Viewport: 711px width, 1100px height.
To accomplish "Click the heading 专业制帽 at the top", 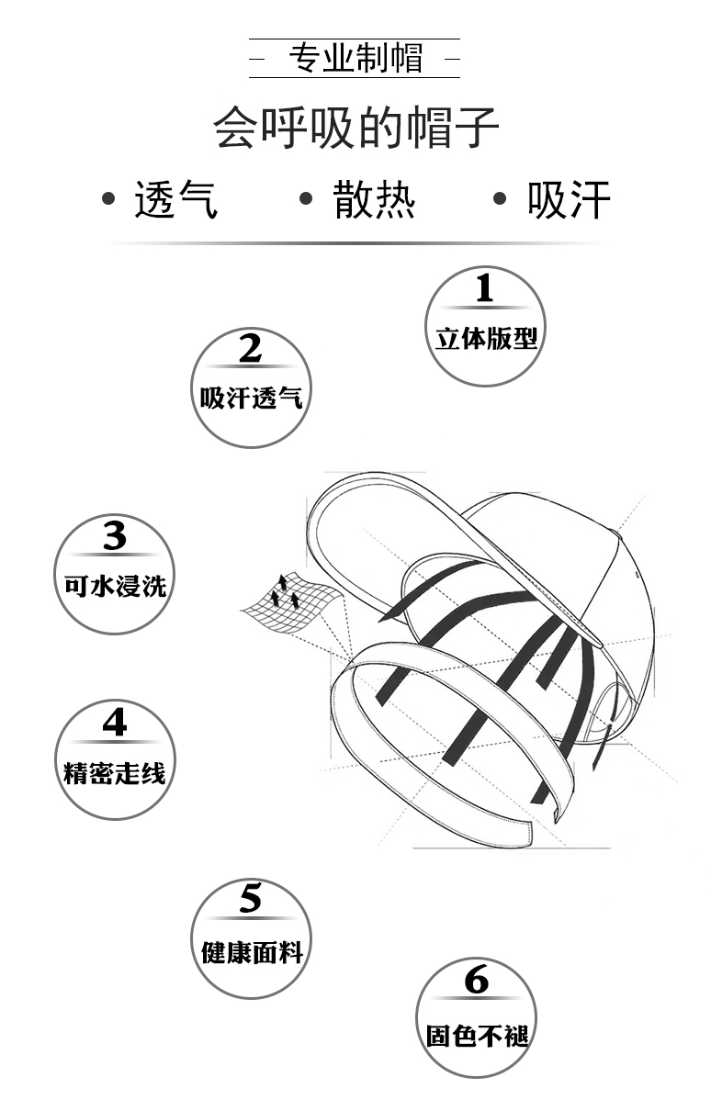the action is click(x=355, y=59).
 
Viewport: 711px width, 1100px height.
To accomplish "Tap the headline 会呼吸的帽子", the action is click(x=355, y=127).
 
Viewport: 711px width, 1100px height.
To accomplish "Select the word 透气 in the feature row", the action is click(x=176, y=199).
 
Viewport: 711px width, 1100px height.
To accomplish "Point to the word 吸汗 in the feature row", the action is click(x=569, y=199).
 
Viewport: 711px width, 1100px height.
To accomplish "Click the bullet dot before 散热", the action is click(x=307, y=198).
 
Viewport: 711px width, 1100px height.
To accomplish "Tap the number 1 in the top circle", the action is click(x=485, y=289).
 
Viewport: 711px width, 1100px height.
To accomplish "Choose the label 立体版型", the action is click(x=486, y=339).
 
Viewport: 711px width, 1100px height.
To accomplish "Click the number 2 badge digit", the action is click(x=251, y=349).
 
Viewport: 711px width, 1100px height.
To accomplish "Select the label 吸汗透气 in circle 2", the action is click(x=251, y=398).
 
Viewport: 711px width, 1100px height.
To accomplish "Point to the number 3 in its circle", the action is click(x=115, y=535).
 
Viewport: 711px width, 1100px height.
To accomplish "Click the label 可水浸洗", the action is click(x=115, y=585).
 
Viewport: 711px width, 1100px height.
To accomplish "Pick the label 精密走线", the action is click(x=115, y=772).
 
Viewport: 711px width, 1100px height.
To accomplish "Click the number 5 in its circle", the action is click(x=251, y=899).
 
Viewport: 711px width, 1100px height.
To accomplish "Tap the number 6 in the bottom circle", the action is click(x=477, y=981).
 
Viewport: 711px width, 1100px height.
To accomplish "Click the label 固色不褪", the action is click(x=477, y=1036).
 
